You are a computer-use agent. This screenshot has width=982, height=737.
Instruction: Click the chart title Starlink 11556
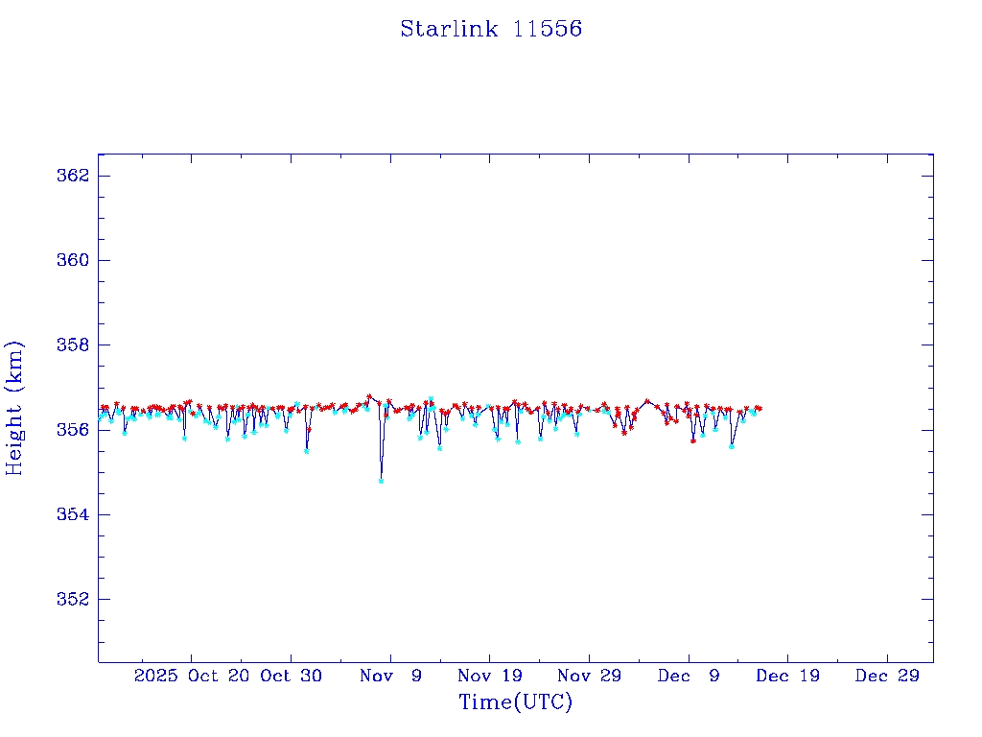pos(491,29)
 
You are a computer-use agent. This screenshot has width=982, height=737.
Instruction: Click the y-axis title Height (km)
pos(14,407)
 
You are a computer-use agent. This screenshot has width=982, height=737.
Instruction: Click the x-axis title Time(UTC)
pos(515,702)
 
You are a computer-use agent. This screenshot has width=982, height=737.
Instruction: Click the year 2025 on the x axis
pos(156,676)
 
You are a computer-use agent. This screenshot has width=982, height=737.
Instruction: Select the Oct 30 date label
pos(291,676)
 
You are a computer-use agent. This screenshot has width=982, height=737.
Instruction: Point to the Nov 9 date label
pos(390,676)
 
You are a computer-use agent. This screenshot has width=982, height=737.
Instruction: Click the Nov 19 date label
pos(489,676)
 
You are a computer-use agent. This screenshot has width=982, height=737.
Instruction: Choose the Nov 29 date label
pos(589,676)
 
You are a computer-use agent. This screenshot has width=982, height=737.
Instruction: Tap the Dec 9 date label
pos(689,676)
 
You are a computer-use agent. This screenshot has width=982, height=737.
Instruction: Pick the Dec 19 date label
pos(787,676)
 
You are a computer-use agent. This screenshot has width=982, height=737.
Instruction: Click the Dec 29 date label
pos(887,676)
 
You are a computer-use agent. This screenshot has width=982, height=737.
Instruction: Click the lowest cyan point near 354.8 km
pos(381,481)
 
